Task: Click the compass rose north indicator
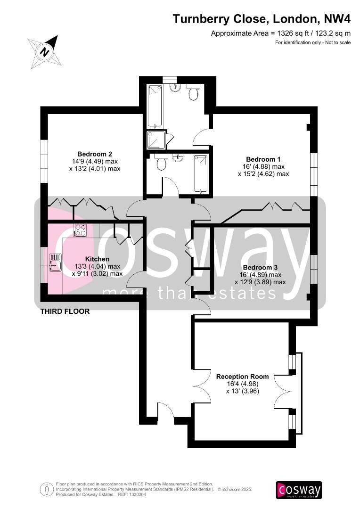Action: pyautogui.click(x=44, y=51)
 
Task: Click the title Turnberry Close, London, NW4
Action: pyautogui.click(x=262, y=19)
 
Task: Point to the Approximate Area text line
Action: pyautogui.click(x=280, y=33)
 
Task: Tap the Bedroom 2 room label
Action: pyautogui.click(x=95, y=154)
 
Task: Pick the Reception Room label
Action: pyautogui.click(x=242, y=376)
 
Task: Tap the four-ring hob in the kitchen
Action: pyautogui.click(x=80, y=230)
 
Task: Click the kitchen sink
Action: pyautogui.click(x=54, y=262)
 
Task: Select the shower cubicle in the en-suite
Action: pyautogui.click(x=156, y=140)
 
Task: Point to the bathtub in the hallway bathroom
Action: pyautogui.click(x=201, y=173)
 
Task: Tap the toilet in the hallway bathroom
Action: pyautogui.click(x=161, y=164)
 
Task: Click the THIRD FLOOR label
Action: pyautogui.click(x=65, y=311)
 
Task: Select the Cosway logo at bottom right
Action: pyautogui.click(x=299, y=490)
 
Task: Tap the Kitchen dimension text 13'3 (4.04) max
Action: pyautogui.click(x=97, y=266)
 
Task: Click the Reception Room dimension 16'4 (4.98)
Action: pyautogui.click(x=242, y=384)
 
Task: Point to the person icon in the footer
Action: pyautogui.click(x=47, y=489)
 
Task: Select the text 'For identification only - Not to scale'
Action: pyautogui.click(x=313, y=43)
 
